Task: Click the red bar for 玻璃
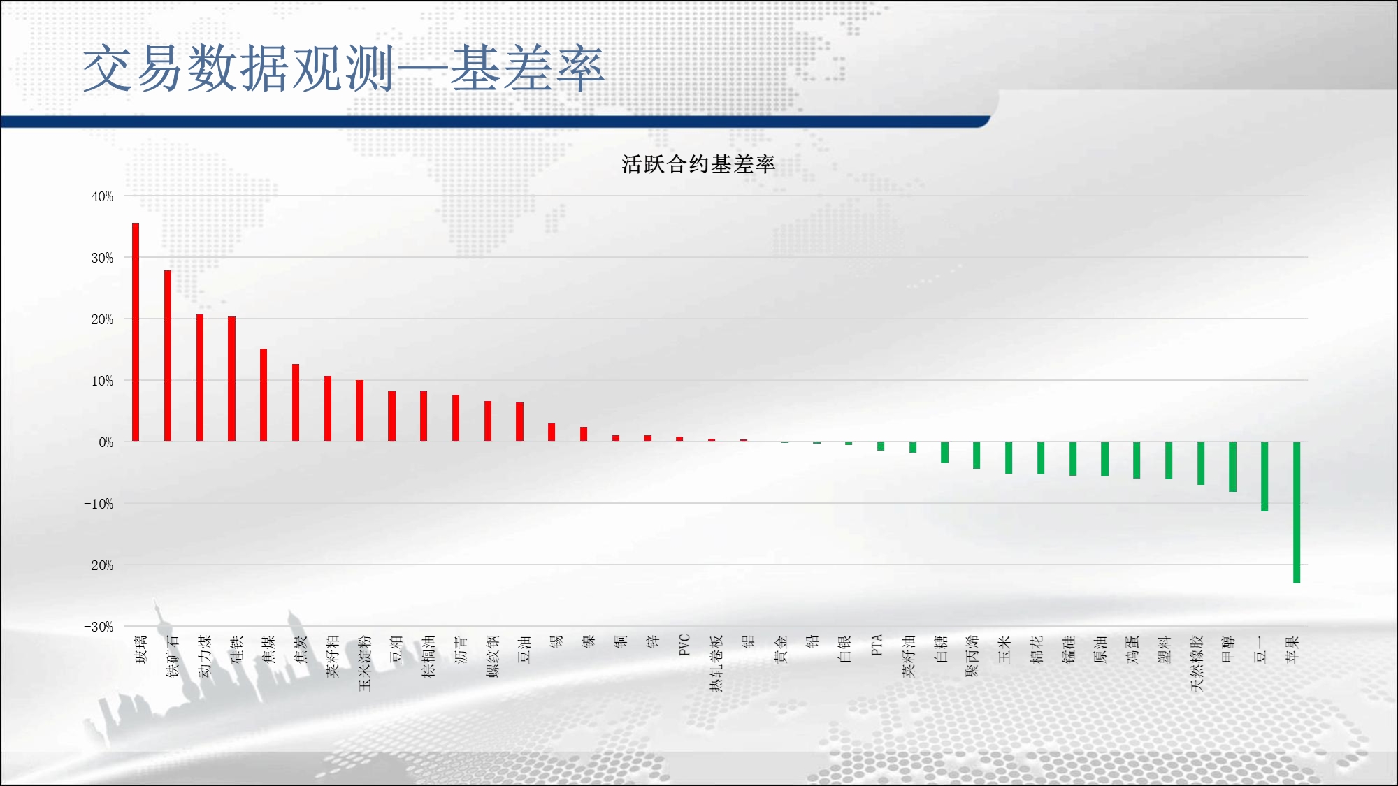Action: (136, 332)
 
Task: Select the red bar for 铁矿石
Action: (168, 356)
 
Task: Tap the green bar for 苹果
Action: (1297, 512)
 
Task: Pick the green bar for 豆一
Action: (1264, 476)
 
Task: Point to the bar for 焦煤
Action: (264, 395)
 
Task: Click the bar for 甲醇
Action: (1232, 467)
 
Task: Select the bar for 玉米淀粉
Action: (359, 411)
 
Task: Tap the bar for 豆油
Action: (519, 422)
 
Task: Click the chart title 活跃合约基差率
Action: (698, 164)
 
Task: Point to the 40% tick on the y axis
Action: (102, 196)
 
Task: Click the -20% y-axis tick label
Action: (99, 565)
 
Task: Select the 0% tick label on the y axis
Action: (106, 442)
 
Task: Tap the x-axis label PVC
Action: (684, 645)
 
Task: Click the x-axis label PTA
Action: (877, 645)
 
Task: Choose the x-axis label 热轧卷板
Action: (716, 663)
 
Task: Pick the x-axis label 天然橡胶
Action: (1197, 663)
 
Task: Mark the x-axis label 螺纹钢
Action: (493, 656)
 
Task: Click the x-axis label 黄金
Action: (781, 649)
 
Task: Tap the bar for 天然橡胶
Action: (1201, 463)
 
